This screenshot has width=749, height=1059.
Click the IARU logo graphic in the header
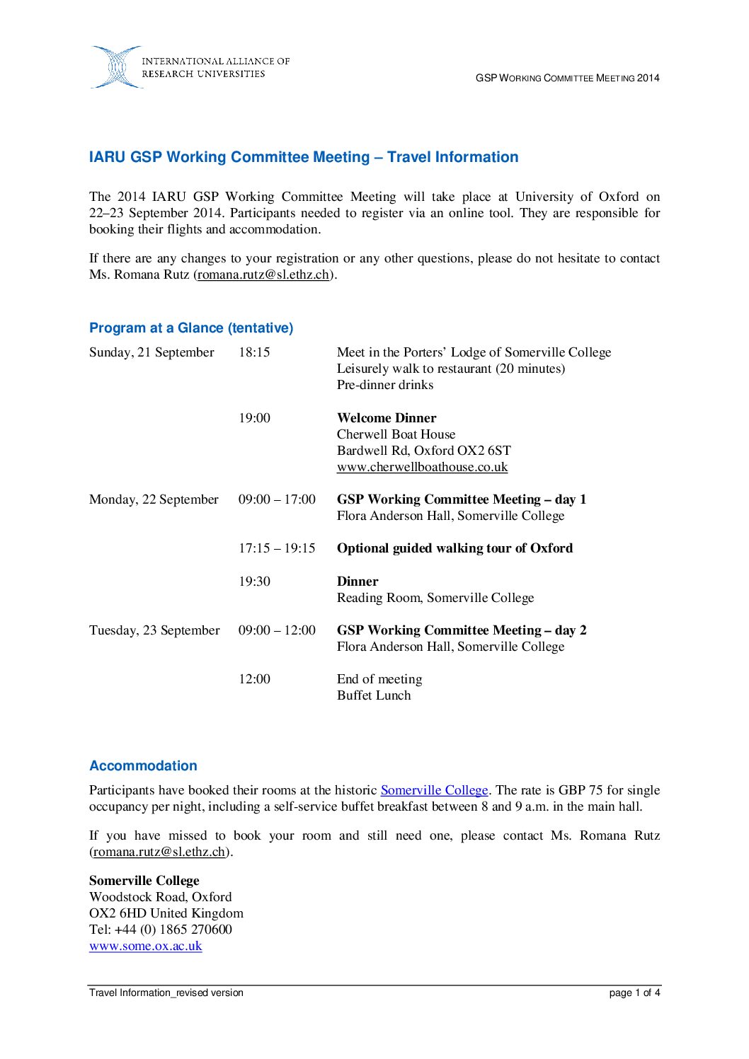[x=117, y=67]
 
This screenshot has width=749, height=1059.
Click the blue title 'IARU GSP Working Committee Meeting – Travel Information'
[x=304, y=157]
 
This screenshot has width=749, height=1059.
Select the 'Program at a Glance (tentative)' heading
[x=191, y=328]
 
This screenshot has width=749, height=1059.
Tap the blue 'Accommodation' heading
[x=143, y=765]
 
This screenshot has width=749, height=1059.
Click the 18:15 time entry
[x=254, y=352]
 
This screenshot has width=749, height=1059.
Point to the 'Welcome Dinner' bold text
[x=387, y=418]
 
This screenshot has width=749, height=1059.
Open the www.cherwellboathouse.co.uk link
[x=422, y=467]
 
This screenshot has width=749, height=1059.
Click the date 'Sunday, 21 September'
[x=151, y=352]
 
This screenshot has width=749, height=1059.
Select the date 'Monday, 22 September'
[x=154, y=499]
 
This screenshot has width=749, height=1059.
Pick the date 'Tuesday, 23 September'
[x=154, y=630]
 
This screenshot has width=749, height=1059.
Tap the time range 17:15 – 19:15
[x=277, y=548]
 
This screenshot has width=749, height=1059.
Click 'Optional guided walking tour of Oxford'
[x=454, y=548]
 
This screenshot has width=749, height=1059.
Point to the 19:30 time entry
[x=254, y=581]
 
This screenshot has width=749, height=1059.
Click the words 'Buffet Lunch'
[x=374, y=695]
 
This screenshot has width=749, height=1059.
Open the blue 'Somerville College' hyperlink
[x=434, y=790]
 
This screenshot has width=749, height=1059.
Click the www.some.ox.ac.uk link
[x=146, y=946]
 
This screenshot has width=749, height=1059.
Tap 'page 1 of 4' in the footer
[x=634, y=993]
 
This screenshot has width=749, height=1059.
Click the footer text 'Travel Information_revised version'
[x=166, y=993]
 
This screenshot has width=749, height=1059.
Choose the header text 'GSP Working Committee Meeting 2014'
[x=567, y=78]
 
